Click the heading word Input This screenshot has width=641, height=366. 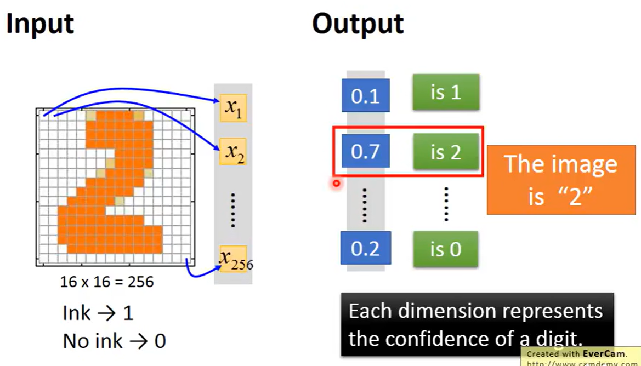tap(39, 24)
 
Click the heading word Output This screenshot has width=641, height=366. tap(358, 24)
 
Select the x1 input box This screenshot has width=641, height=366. tap(233, 108)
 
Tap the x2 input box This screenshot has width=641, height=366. tap(233, 152)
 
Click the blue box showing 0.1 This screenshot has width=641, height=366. tap(365, 95)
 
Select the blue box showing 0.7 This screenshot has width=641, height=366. tap(365, 151)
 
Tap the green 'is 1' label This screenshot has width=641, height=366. tap(445, 92)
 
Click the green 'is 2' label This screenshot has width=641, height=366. tap(445, 152)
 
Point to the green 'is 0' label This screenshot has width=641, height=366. tap(445, 249)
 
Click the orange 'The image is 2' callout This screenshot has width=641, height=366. tap(560, 180)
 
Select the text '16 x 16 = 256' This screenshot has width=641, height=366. tap(107, 282)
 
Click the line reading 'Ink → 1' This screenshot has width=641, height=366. tap(98, 313)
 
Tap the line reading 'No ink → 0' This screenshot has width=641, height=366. tap(114, 341)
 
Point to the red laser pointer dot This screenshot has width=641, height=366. tap(337, 184)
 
